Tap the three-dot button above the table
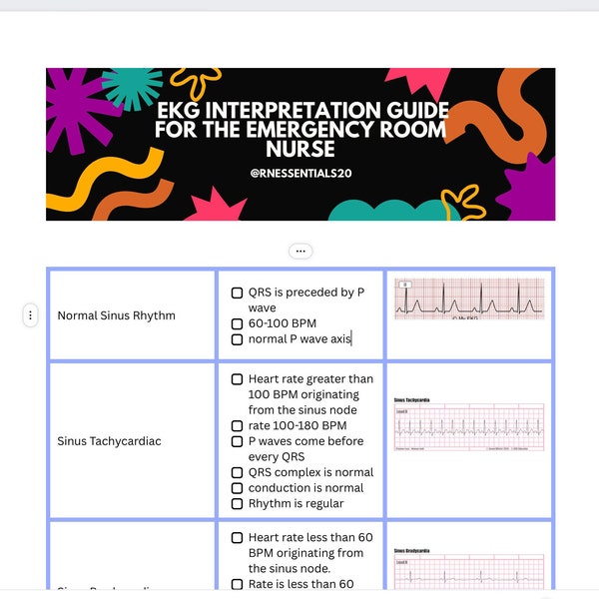(300, 251)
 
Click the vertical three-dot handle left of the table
(30, 315)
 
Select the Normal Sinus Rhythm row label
(116, 315)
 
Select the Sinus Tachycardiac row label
(109, 441)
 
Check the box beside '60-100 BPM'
(237, 324)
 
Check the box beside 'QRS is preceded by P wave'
(237, 294)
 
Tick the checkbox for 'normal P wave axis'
(237, 340)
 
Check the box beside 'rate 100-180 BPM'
(237, 426)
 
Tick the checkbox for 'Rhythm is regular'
(237, 504)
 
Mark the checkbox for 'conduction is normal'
(237, 488)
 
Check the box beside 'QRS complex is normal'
(237, 473)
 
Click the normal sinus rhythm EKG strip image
(469, 299)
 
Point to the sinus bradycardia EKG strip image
(469, 571)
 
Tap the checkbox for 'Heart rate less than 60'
(237, 538)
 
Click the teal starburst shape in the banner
(132, 87)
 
